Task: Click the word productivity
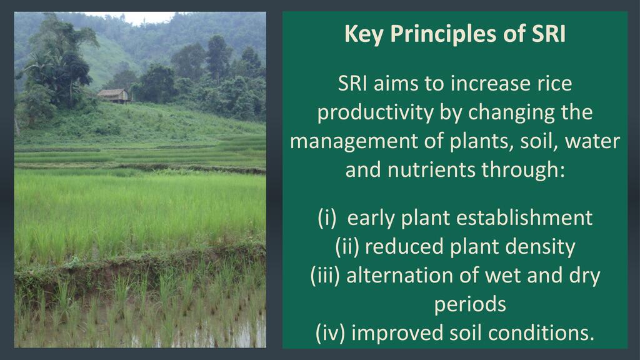point(376,113)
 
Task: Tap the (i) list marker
point(327,218)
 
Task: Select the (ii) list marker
point(347,247)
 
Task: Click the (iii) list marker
point(325,276)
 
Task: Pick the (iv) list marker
point(330,333)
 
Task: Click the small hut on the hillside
point(113,96)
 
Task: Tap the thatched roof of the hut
point(112,92)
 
